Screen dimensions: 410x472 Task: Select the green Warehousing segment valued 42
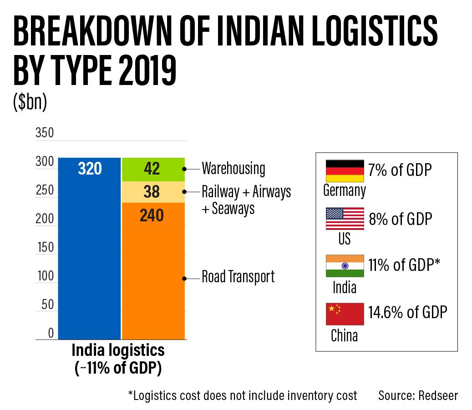(x=153, y=169)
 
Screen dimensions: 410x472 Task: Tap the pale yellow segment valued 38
(x=153, y=192)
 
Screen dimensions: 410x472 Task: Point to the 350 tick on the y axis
(x=44, y=133)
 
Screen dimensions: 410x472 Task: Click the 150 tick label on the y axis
(x=44, y=248)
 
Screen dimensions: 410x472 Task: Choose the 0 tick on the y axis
(x=51, y=333)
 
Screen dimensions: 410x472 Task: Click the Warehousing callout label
(x=233, y=169)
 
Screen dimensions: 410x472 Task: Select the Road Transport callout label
(x=238, y=276)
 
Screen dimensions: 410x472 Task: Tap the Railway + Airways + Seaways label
(x=246, y=200)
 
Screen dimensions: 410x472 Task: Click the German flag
(x=345, y=171)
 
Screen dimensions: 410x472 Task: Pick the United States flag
(x=345, y=219)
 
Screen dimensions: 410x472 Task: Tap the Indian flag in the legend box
(x=345, y=266)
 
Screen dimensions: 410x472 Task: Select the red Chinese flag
(x=345, y=314)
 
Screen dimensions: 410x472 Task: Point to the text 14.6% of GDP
(x=408, y=312)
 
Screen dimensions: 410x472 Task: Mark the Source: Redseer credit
(x=418, y=395)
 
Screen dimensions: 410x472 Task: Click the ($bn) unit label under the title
(x=30, y=103)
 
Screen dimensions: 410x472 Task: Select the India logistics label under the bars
(x=118, y=350)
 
